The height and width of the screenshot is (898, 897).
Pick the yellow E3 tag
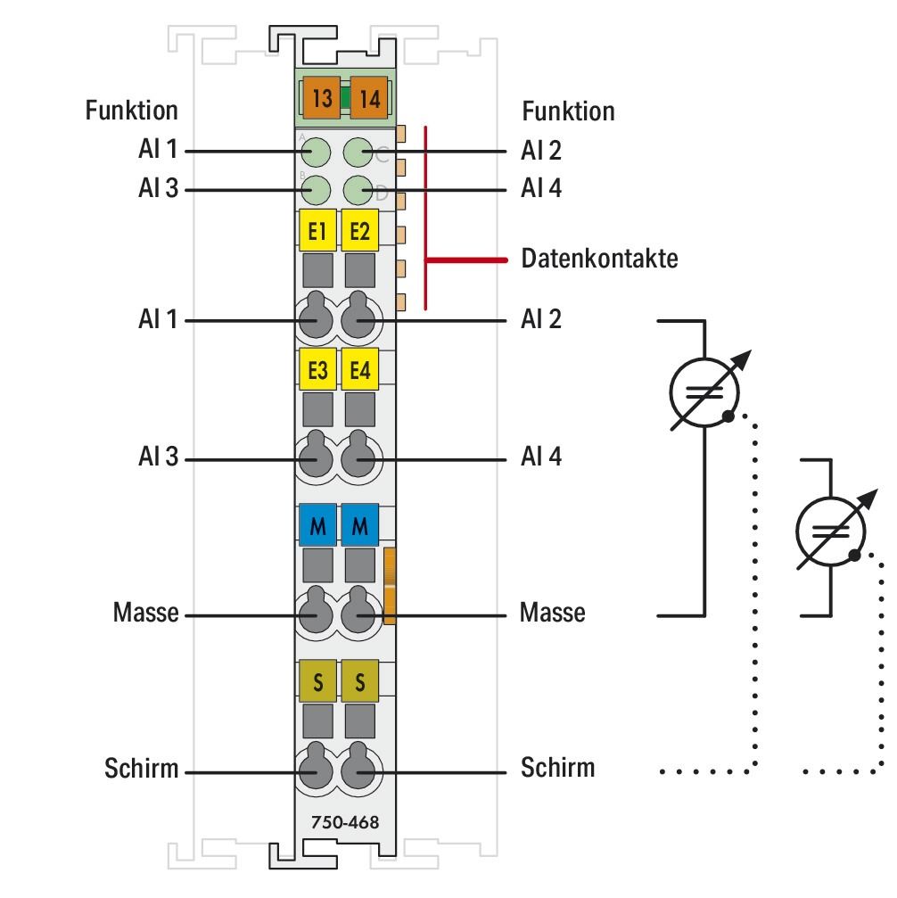tap(317, 369)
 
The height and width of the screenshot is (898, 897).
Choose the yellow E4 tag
tap(360, 369)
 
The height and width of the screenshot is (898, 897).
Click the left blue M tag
tap(317, 526)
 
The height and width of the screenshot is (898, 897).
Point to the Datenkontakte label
tap(599, 260)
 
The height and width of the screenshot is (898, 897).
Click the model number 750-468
tap(340, 822)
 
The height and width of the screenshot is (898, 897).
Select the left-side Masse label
tap(145, 614)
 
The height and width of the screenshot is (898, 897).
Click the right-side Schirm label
tap(557, 767)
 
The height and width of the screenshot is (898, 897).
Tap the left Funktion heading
tap(131, 111)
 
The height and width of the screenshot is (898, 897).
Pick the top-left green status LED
tap(316, 152)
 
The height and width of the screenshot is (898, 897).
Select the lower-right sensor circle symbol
tap(829, 533)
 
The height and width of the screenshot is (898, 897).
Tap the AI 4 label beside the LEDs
tap(541, 189)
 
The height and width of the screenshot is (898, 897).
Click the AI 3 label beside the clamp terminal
tap(158, 458)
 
